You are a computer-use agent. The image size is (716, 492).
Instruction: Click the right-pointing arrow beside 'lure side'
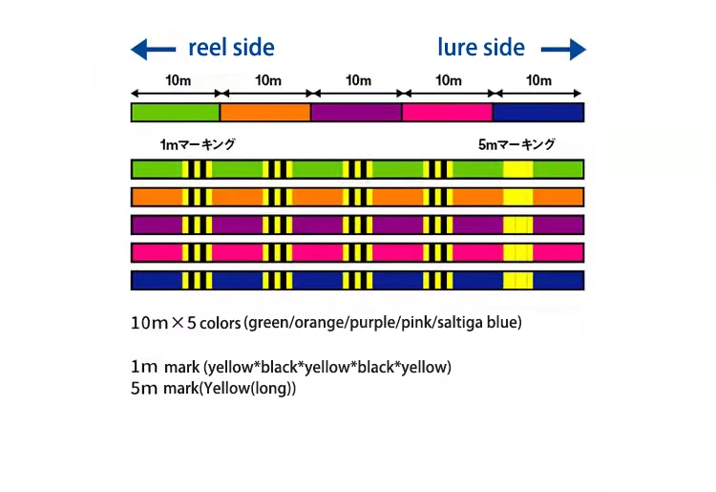563,49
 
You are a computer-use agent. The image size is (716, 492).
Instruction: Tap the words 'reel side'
231,47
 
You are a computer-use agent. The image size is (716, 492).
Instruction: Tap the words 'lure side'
481,47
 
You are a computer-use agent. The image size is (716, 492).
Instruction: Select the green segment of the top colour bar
176,112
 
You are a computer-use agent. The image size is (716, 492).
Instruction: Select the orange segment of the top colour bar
265,112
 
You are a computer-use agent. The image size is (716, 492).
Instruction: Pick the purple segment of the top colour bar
356,112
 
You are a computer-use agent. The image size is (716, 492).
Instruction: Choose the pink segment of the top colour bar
447,112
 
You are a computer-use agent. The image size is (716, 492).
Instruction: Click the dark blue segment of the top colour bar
538,112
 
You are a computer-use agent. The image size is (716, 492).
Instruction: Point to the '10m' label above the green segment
176,80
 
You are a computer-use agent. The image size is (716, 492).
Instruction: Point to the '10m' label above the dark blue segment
538,80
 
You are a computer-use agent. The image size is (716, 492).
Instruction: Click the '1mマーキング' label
198,145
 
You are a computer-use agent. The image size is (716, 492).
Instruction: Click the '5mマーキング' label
516,145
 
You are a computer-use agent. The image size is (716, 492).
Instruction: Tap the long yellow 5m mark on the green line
517,170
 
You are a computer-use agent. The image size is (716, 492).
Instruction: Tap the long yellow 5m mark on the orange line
517,198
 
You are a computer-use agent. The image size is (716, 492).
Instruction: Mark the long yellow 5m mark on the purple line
517,225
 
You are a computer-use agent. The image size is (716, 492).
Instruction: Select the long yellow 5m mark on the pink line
517,253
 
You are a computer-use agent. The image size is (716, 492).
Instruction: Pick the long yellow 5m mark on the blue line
517,281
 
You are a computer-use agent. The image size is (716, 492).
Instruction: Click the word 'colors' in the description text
221,323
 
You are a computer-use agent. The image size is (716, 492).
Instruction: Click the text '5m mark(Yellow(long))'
213,389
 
